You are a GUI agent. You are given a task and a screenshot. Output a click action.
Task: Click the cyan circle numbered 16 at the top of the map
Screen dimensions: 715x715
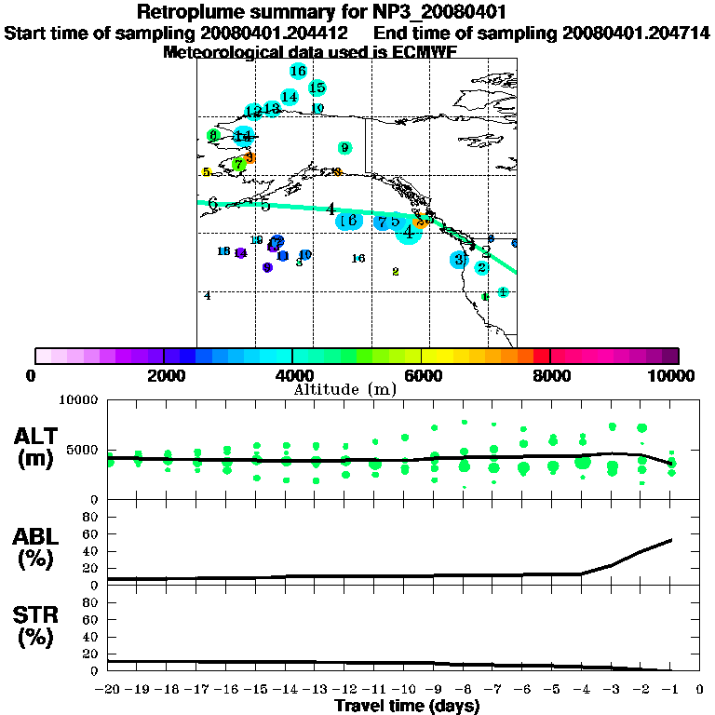[x=298, y=71]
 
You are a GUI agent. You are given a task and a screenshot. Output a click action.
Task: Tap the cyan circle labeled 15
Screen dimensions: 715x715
[x=317, y=88]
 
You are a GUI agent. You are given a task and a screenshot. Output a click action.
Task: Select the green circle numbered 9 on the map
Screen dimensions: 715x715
[x=344, y=147]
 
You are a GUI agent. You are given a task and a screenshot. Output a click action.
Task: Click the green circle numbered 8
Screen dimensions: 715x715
[x=213, y=136]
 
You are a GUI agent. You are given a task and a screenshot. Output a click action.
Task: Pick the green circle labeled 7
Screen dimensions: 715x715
[x=238, y=164]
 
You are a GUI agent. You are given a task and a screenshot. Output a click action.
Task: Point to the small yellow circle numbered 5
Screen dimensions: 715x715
[x=206, y=172]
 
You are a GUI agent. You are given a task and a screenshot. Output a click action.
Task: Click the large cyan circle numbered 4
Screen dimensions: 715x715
[x=408, y=231]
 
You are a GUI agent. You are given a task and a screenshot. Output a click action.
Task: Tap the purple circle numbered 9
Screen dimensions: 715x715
[x=267, y=267]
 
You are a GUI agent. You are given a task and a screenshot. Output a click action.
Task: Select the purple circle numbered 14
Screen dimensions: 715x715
[x=241, y=253]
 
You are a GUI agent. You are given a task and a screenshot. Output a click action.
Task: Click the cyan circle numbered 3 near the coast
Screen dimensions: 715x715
[x=458, y=260]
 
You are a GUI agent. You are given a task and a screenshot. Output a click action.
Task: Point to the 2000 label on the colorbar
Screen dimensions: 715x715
[x=164, y=375]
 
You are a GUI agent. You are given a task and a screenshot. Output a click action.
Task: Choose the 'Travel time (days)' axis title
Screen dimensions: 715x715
[x=407, y=707]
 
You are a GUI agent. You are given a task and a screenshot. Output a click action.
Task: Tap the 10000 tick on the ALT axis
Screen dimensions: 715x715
[x=78, y=400]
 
